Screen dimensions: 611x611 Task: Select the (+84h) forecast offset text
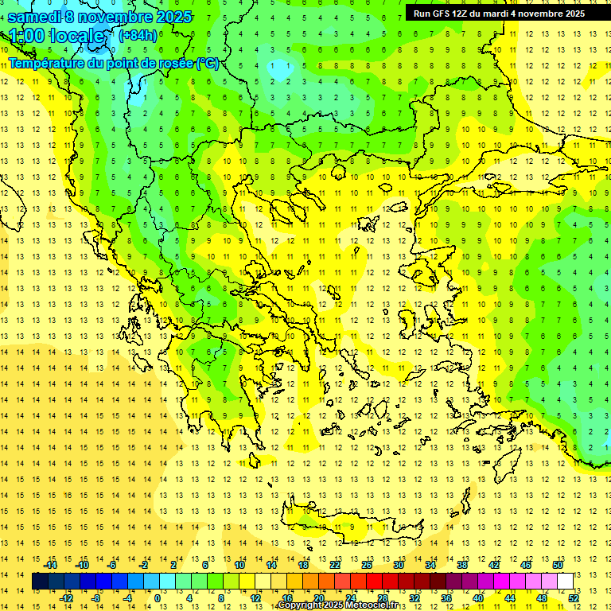137,35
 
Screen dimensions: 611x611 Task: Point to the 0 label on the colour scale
157,598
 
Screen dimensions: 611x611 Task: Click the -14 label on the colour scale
51,565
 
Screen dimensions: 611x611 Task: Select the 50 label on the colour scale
558,565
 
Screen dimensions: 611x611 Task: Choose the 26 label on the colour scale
367,565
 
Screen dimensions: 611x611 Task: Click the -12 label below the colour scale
67,598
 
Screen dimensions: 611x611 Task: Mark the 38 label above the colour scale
462,565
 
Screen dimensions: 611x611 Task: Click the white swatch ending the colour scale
565,582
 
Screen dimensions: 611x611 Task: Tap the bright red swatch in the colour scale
374,582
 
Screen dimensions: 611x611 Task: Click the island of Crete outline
350,527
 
